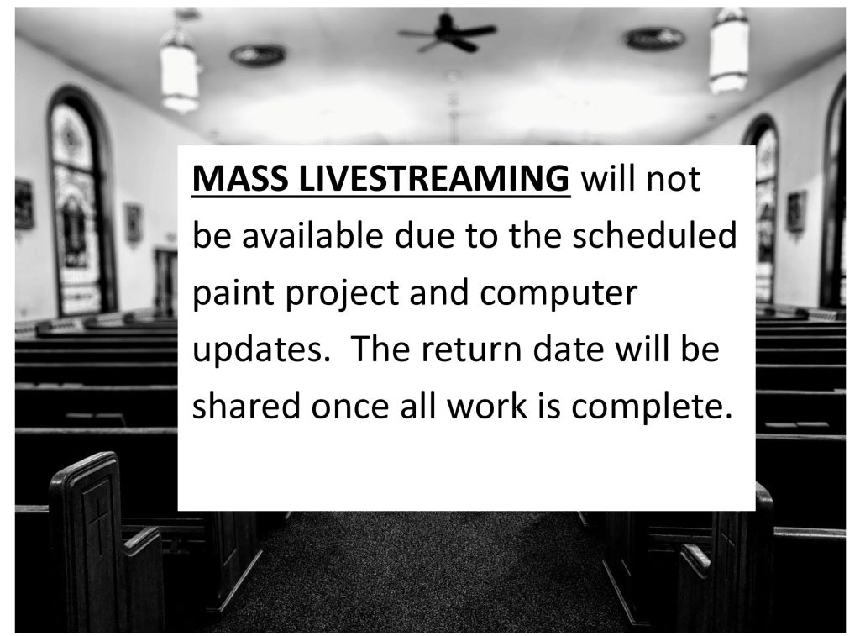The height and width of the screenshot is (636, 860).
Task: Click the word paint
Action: (x=233, y=293)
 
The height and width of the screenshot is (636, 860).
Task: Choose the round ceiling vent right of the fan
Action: (x=655, y=38)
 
